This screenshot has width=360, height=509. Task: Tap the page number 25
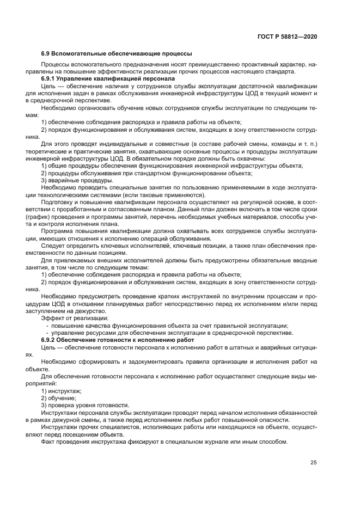pyautogui.click(x=313, y=463)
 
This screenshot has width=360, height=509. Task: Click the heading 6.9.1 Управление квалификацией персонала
pyautogui.click(x=108, y=78)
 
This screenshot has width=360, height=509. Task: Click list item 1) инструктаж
pyautogui.click(x=62, y=391)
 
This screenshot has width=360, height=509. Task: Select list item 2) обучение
pyautogui.click(x=59, y=398)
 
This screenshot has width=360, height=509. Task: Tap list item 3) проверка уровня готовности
pyautogui.click(x=85, y=405)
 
